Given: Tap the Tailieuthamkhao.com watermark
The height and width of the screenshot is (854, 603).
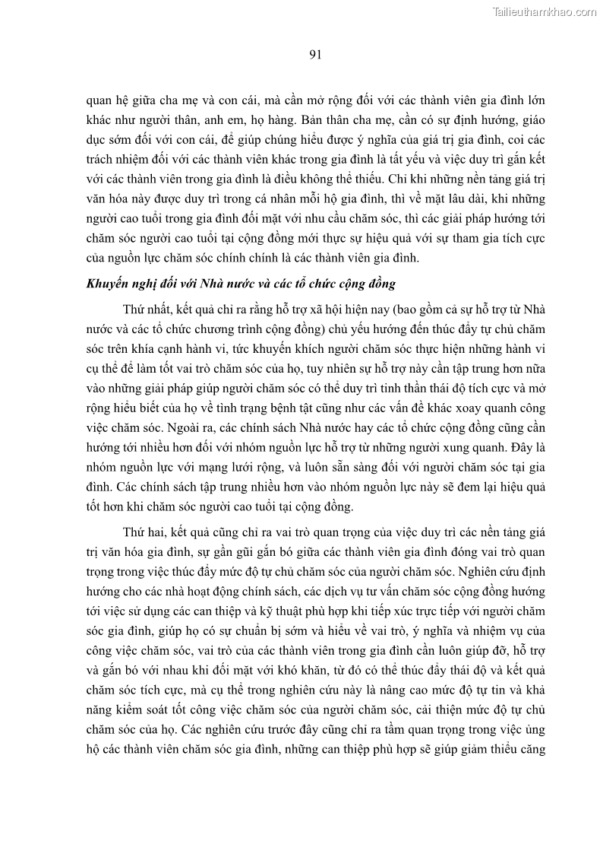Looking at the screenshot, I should (545, 11).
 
